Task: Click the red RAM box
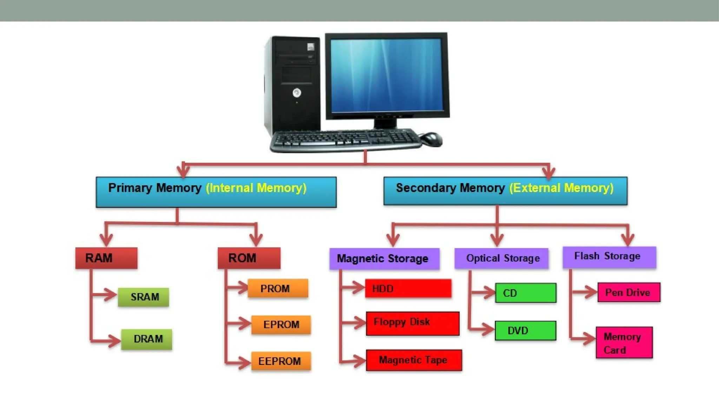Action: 106,258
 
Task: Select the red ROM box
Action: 249,258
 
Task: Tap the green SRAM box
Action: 144,297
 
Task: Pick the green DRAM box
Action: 147,339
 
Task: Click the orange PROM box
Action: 278,288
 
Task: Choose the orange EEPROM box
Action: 281,361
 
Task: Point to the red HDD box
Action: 408,289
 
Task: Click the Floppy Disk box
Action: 413,323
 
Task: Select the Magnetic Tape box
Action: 414,360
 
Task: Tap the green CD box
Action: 526,293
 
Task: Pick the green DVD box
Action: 526,330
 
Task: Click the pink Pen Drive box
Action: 629,292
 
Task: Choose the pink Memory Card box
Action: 624,343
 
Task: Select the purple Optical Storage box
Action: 501,258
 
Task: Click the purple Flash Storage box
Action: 609,257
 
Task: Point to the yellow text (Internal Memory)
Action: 256,188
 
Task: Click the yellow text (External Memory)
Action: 561,188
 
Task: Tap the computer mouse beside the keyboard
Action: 431,139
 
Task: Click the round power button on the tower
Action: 297,93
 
